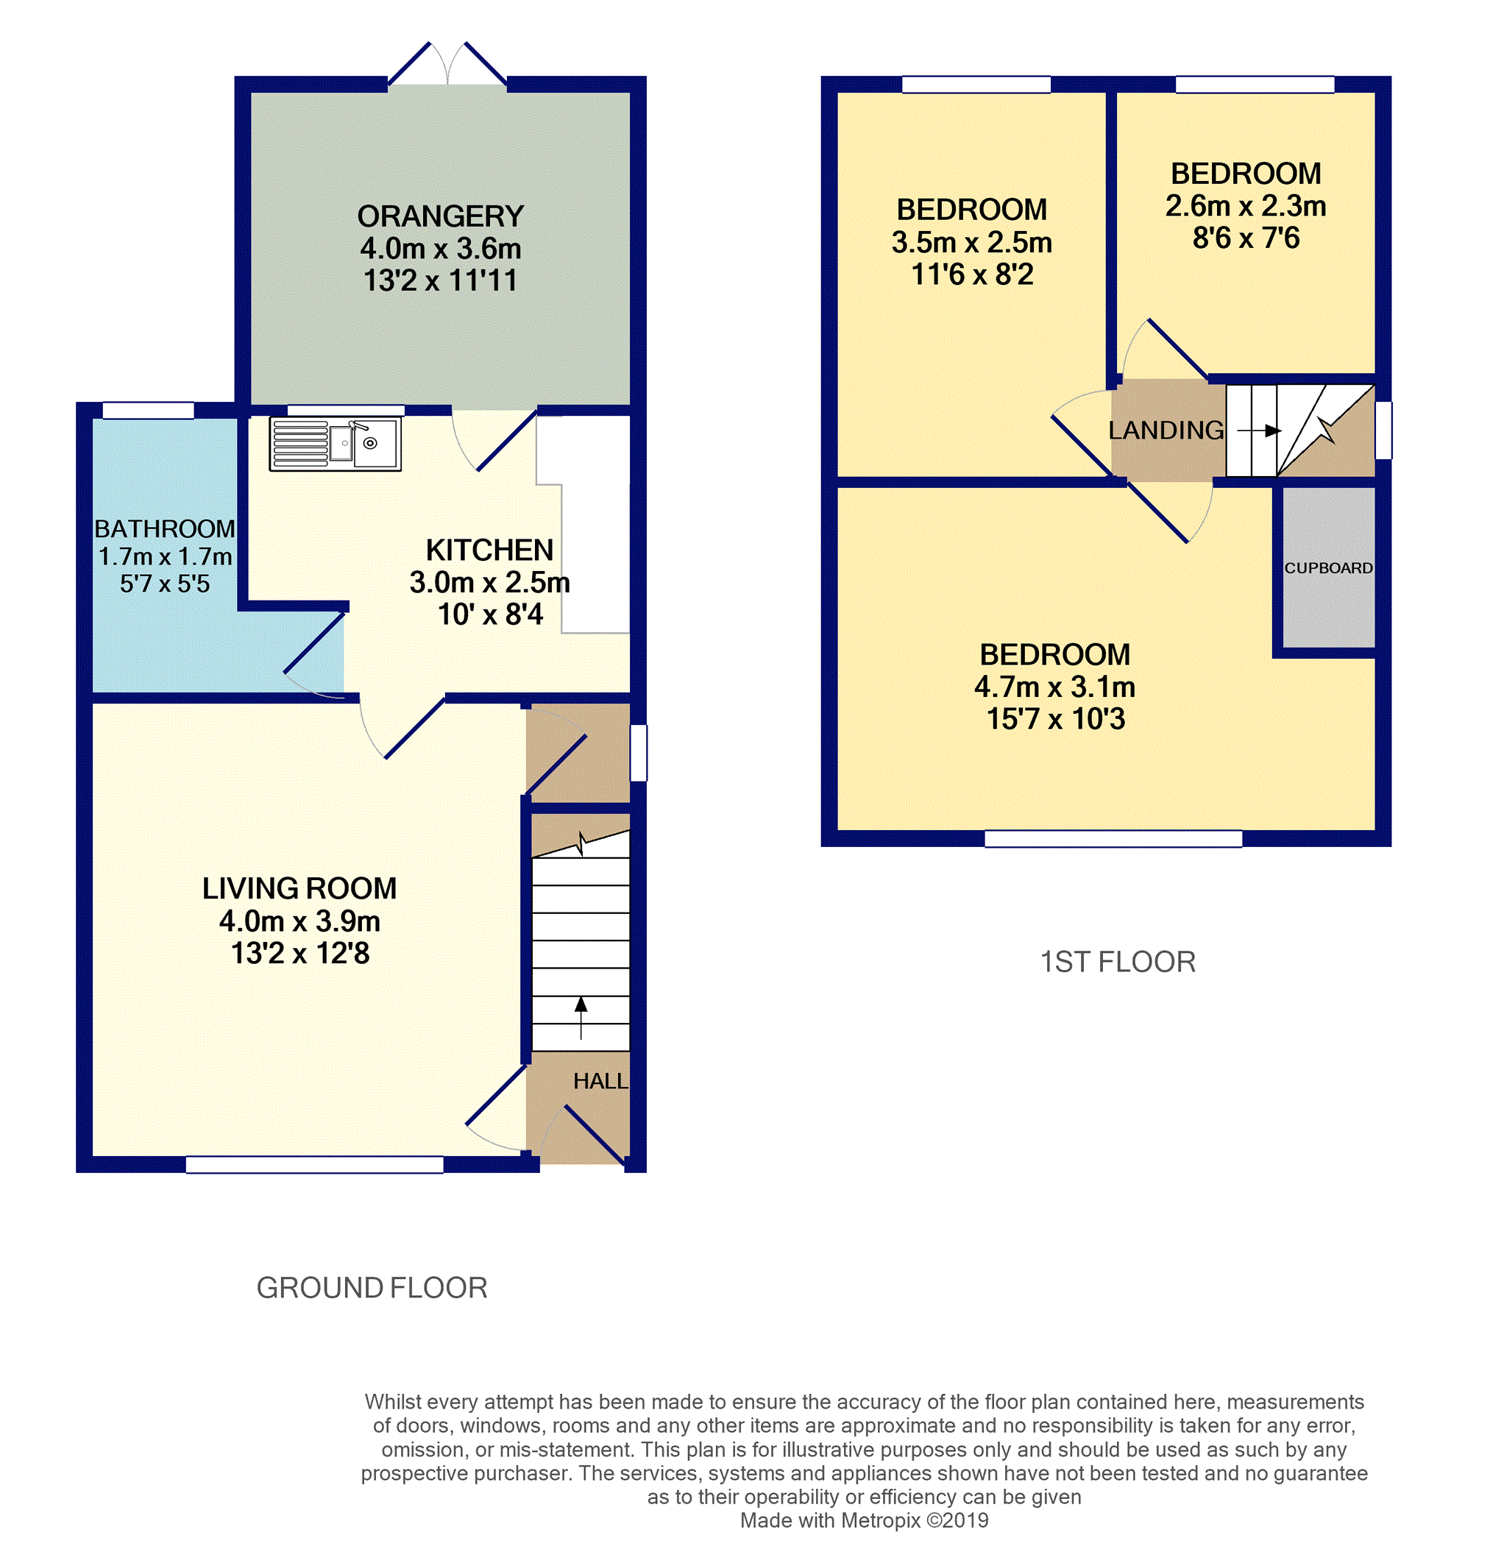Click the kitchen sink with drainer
click(x=335, y=444)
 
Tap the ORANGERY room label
click(x=440, y=216)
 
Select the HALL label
click(x=600, y=1081)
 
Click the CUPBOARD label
click(x=1328, y=567)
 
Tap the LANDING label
click(x=1166, y=430)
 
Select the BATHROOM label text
click(x=164, y=528)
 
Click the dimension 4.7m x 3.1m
click(x=1054, y=687)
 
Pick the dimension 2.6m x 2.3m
click(x=1246, y=206)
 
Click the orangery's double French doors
click(x=447, y=66)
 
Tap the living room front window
click(x=314, y=1164)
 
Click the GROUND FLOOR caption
click(x=372, y=1288)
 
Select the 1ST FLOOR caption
click(x=1117, y=962)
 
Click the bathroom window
click(x=148, y=411)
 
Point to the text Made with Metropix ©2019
click(x=864, y=1520)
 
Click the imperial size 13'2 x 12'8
click(x=299, y=953)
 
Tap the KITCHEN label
click(x=489, y=550)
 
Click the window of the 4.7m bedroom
click(x=1113, y=839)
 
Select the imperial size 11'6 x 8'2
click(x=972, y=274)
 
